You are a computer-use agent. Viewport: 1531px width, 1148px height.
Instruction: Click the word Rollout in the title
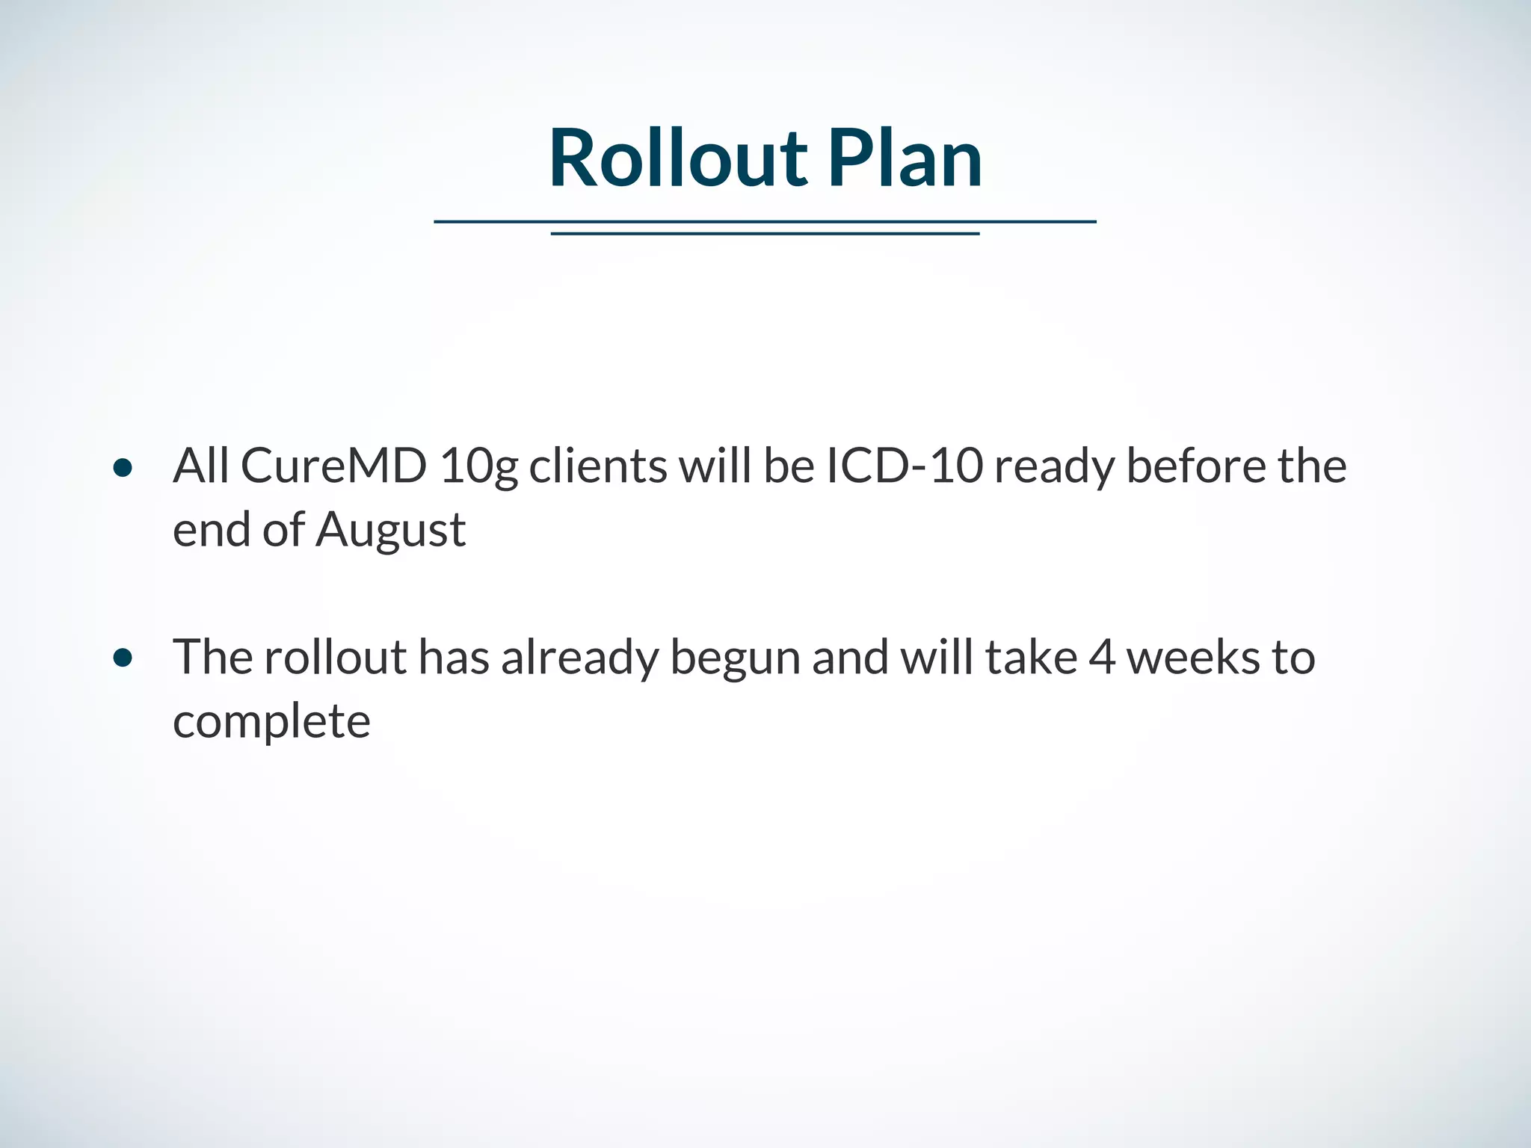point(677,158)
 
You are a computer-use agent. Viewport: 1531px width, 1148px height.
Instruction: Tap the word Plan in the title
point(905,158)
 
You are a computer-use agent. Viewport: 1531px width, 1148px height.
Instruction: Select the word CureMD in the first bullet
point(333,466)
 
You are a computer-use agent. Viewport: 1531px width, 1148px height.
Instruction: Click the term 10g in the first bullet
point(478,467)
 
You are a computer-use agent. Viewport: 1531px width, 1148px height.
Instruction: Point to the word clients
point(598,466)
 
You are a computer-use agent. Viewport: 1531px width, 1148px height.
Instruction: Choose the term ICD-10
point(905,466)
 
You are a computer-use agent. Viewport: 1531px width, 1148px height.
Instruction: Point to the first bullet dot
point(123,469)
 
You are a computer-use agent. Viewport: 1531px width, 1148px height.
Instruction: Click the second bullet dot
point(123,658)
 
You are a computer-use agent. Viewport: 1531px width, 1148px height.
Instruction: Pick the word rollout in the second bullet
point(335,657)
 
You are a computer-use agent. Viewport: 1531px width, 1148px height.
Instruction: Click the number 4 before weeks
point(1102,658)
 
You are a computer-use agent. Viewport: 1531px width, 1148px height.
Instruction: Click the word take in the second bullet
point(1031,658)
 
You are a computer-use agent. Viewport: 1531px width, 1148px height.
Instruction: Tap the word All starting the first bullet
point(200,466)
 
